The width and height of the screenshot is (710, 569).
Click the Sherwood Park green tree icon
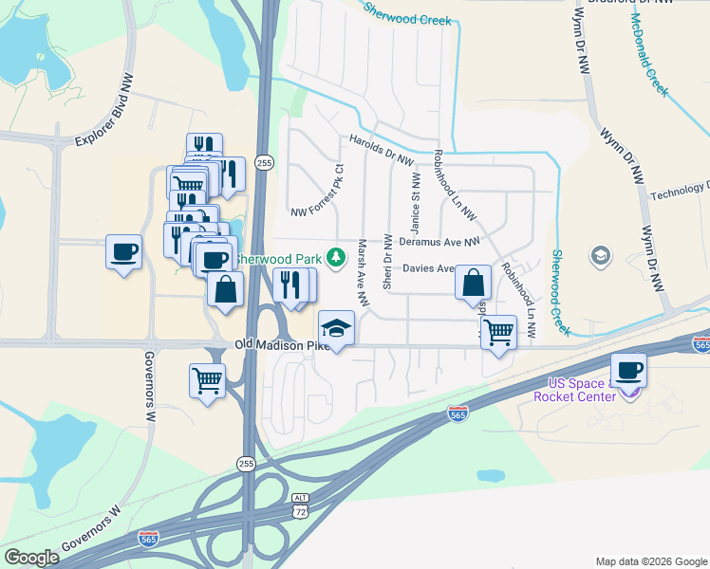(x=335, y=257)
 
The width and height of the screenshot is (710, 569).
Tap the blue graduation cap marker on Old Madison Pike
(x=335, y=329)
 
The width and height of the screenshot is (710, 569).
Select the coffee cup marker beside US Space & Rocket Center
(x=628, y=370)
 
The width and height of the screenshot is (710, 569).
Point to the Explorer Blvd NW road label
(x=105, y=111)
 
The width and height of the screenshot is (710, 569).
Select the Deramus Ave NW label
(x=439, y=242)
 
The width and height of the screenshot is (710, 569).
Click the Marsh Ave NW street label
(x=362, y=270)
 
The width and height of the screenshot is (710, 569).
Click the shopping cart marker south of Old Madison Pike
(x=207, y=381)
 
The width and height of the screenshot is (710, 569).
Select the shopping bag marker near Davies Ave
(x=473, y=283)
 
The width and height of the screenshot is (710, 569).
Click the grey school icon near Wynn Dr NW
(x=600, y=254)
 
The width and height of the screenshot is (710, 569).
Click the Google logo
(x=31, y=558)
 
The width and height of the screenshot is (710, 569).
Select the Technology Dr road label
(x=680, y=192)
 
